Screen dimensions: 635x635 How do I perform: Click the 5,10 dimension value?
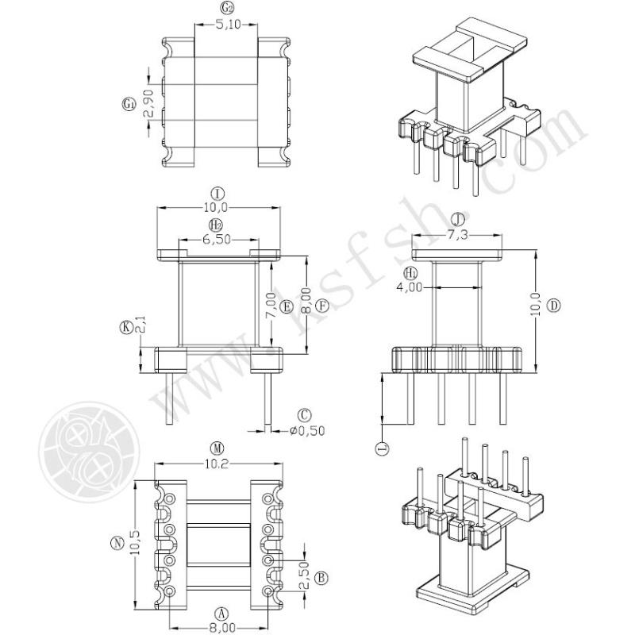228,25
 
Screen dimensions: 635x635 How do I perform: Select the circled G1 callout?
129,105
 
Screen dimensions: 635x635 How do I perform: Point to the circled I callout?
217,194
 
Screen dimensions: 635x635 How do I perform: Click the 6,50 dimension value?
217,240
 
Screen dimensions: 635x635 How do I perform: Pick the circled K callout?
126,327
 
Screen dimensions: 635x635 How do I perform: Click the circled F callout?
323,306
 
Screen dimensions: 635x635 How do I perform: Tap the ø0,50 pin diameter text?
307,430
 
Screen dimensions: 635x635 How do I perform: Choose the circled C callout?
304,415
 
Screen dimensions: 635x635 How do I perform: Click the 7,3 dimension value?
458,235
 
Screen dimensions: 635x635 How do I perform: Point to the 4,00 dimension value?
409,287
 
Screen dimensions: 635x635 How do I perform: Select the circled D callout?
553,305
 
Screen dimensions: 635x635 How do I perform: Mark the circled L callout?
383,448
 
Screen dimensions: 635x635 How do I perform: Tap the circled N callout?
117,543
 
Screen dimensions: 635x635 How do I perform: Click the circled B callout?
322,578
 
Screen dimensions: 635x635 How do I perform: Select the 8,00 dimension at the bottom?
222,628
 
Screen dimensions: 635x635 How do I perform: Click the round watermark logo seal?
89,452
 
